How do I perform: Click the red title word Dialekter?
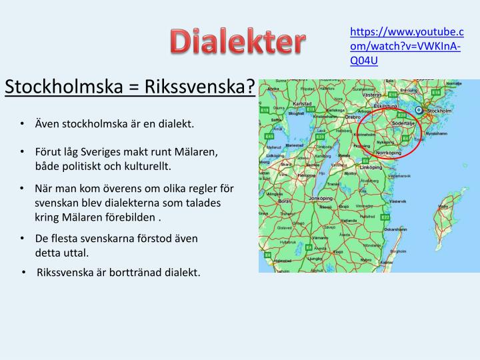(237, 43)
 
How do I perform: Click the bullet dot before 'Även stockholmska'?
(23, 124)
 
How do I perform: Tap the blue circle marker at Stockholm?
(419, 110)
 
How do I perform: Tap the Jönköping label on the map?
(321, 199)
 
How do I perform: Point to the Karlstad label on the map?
(302, 105)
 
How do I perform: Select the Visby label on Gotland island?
(443, 207)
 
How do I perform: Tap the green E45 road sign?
(269, 135)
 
